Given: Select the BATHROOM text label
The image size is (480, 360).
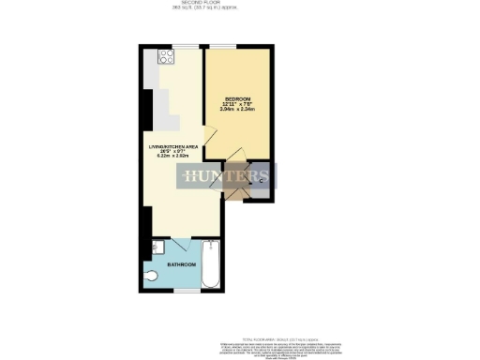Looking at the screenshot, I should click(x=182, y=265).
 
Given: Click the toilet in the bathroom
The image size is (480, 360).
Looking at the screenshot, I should click(x=154, y=276).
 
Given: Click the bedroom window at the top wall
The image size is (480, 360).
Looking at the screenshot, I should click(x=222, y=47).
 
